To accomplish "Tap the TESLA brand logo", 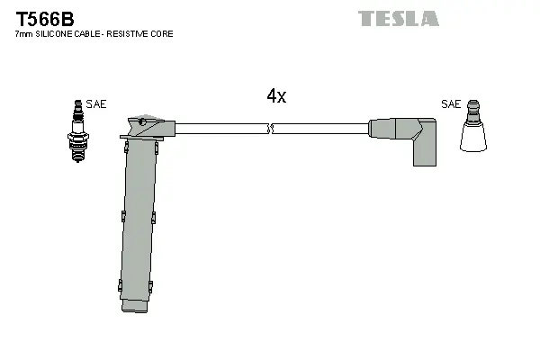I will (398, 18).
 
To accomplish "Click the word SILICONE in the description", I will (55, 34).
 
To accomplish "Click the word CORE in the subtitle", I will (163, 34).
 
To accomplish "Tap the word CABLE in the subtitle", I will (90, 34).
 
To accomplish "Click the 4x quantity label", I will (276, 97).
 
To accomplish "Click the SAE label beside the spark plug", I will (96, 104).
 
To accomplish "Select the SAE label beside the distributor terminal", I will (451, 104).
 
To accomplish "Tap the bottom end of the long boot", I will (137, 308).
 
